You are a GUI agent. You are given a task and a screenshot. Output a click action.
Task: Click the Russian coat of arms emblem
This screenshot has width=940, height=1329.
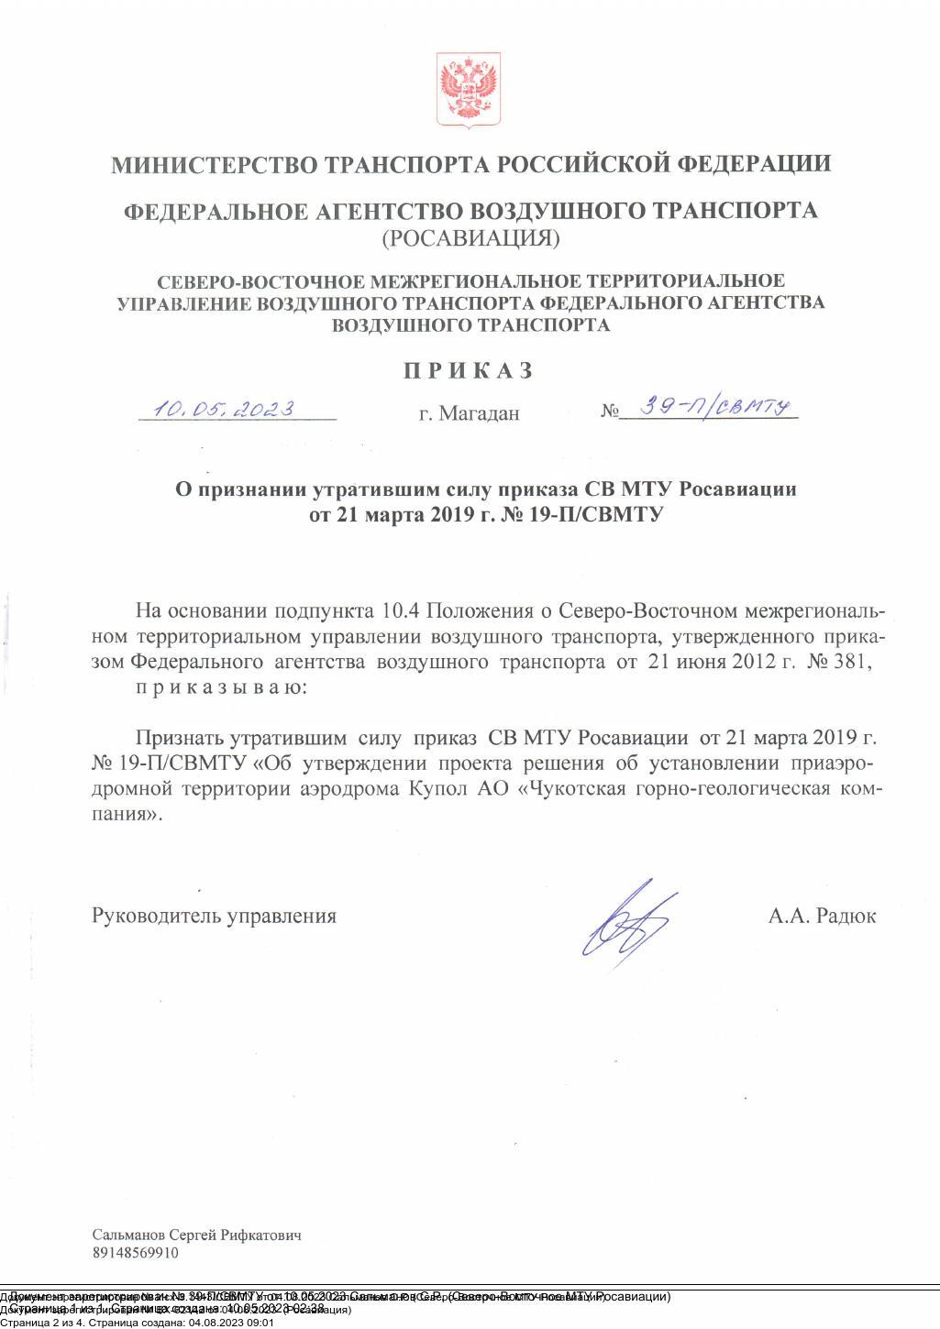pos(469,89)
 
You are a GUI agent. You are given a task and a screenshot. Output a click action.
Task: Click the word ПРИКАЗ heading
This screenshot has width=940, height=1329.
pos(469,370)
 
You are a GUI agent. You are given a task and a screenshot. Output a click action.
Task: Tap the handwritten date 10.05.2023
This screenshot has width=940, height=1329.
pos(224,408)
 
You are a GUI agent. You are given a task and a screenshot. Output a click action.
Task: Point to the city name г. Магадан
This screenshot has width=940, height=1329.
pos(469,413)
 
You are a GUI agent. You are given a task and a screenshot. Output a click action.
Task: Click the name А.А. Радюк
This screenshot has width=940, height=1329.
pos(822,916)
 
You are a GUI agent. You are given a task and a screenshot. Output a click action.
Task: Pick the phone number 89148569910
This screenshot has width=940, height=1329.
pos(136,1253)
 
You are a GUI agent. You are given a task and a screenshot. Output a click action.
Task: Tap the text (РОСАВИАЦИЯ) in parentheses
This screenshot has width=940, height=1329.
pos(470,238)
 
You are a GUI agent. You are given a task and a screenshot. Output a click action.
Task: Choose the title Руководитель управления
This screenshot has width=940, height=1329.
pos(214,916)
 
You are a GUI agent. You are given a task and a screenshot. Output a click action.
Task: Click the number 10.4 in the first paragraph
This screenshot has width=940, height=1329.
pos(400,611)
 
